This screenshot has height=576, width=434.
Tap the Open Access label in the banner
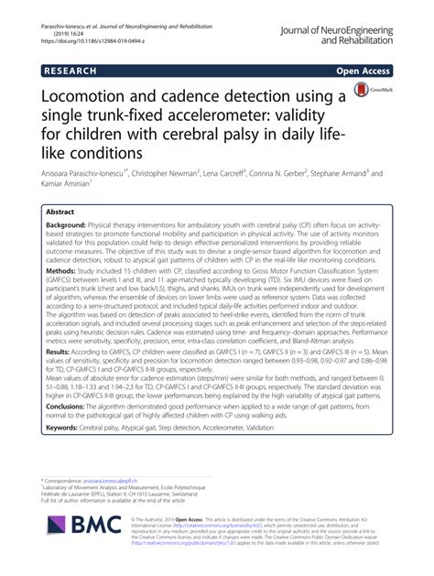tap(364, 70)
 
